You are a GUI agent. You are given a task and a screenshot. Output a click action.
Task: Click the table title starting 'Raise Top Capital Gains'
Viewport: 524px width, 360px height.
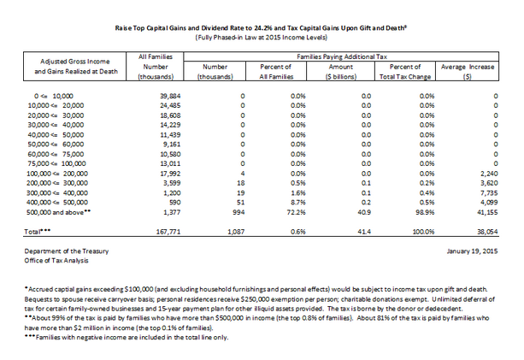tap(261, 28)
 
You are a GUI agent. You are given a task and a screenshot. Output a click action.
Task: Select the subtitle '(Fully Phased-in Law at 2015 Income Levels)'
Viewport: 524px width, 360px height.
tap(261, 38)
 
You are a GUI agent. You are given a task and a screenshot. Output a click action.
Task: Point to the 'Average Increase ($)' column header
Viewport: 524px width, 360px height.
tap(469, 70)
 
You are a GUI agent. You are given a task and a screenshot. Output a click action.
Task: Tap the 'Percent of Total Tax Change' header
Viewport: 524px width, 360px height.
tap(405, 70)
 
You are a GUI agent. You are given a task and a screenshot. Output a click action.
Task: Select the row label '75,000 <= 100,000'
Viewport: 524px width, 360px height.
tap(61, 162)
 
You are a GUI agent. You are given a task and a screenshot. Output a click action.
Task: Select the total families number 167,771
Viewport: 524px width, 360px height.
tap(147, 232)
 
